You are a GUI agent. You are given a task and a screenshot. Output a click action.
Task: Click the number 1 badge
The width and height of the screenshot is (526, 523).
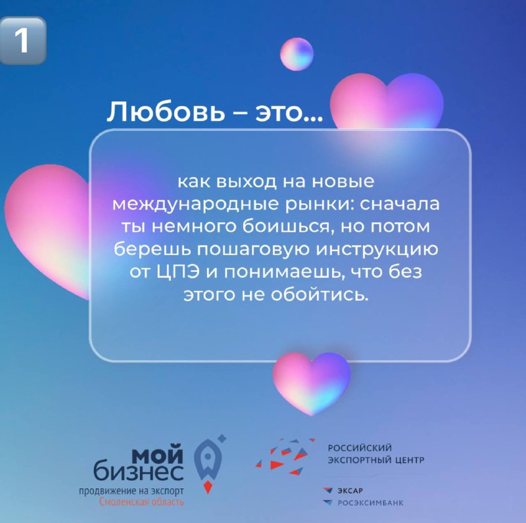[22, 40]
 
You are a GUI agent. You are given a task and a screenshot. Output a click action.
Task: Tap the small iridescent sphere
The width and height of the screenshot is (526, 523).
[297, 55]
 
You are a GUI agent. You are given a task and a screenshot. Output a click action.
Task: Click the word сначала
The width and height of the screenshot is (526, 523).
[400, 204]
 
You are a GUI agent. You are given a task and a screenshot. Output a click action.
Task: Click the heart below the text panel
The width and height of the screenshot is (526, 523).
[312, 384]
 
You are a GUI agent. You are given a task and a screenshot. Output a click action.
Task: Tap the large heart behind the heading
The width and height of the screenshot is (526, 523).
[387, 102]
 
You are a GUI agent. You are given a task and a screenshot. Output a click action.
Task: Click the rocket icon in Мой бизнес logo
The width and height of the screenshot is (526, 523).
[208, 464]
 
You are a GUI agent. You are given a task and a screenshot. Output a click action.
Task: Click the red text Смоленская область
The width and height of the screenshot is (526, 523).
[141, 502]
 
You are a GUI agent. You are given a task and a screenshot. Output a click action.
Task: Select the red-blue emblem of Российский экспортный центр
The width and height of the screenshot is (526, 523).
[285, 456]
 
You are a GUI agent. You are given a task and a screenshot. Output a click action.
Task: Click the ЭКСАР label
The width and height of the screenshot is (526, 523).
[350, 491]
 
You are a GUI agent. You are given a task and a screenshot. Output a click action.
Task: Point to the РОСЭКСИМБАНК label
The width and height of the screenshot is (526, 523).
[370, 503]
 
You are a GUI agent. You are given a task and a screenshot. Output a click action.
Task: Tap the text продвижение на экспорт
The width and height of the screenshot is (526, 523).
[131, 491]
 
